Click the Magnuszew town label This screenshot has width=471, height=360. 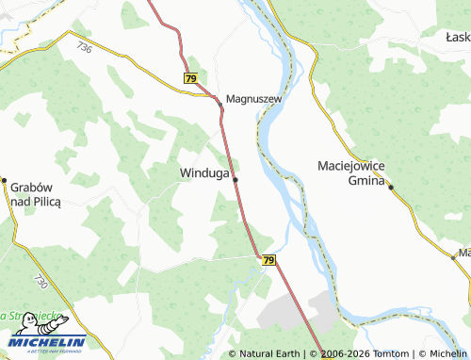click(x=254, y=98)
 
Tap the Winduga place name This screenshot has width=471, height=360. click(x=203, y=173)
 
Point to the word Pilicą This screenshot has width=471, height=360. click(x=43, y=202)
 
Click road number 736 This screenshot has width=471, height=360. click(x=86, y=46)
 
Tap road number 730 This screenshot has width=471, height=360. click(x=40, y=282)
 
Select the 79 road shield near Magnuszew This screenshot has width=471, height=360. click(x=191, y=79)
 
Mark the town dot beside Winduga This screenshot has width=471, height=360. click(x=235, y=180)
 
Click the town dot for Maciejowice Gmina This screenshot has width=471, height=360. click(x=390, y=187)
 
